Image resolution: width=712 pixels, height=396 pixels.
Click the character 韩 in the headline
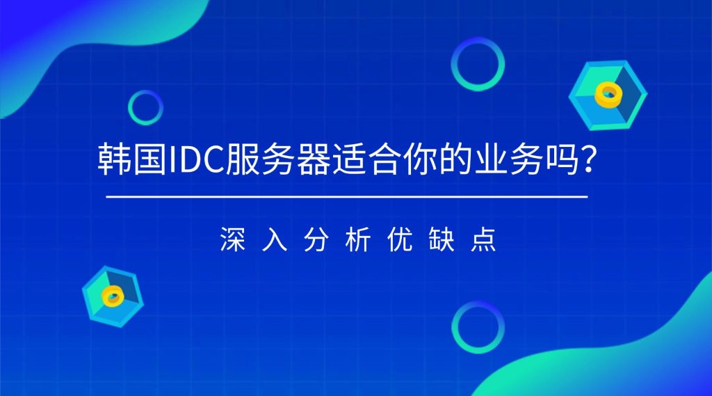(x=113, y=161)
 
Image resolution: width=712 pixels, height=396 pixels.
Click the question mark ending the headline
(x=587, y=161)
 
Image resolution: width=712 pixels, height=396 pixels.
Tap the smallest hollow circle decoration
(x=145, y=108)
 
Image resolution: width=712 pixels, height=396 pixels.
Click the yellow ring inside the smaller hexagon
(x=112, y=296)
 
